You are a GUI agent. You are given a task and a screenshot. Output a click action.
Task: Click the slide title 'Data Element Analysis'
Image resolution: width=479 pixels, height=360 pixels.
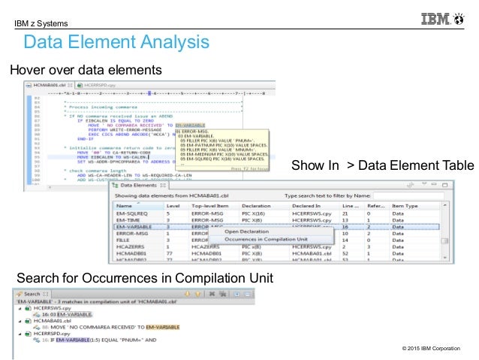click(x=116, y=41)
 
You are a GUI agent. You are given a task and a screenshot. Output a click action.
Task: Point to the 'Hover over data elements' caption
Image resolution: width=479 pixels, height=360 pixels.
click(x=86, y=70)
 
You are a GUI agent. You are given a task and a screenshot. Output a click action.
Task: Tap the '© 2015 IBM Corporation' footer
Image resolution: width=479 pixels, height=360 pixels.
click(x=432, y=348)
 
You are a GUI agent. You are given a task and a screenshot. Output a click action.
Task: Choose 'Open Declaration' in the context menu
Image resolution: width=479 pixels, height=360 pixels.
click(x=239, y=231)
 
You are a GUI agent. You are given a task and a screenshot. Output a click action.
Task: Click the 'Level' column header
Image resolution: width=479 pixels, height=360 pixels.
click(x=173, y=204)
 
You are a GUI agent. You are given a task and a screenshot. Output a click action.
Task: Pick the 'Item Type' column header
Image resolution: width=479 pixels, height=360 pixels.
click(x=405, y=204)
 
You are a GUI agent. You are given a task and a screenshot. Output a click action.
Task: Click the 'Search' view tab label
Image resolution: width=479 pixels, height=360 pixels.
click(x=32, y=294)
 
